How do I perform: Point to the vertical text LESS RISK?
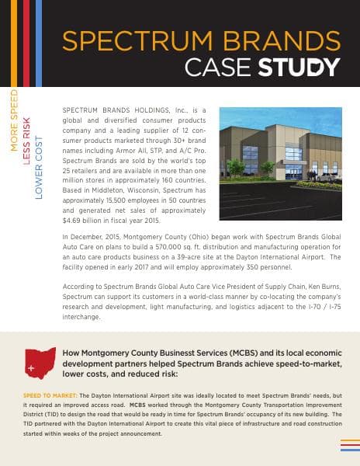point(26,141)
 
